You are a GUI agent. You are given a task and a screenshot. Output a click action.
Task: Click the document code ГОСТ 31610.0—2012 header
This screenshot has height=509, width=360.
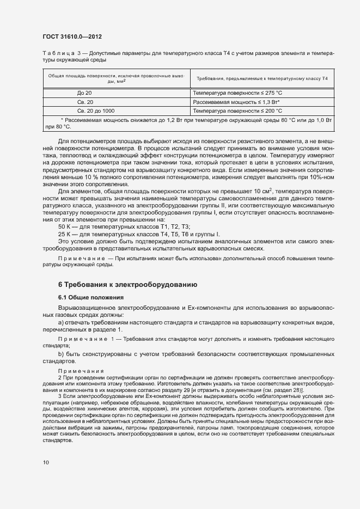[72, 37]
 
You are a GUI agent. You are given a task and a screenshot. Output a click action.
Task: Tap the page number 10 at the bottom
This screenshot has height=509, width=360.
[46, 463]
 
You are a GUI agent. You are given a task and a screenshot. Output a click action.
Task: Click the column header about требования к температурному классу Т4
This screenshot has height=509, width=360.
[262, 79]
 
